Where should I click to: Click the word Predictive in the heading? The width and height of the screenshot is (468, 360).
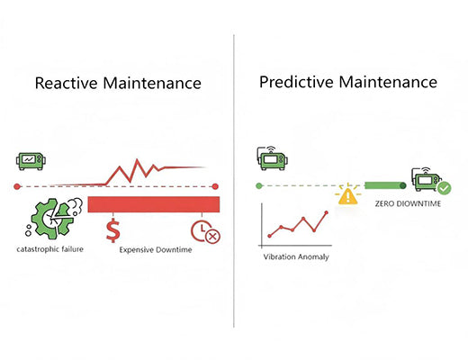pos(295,82)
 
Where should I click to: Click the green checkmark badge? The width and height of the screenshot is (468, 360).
pos(444,188)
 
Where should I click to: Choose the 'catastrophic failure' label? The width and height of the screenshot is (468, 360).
pos(52,247)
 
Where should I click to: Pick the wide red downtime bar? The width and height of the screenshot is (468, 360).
pos(153,204)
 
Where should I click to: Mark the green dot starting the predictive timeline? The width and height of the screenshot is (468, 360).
pos(259,186)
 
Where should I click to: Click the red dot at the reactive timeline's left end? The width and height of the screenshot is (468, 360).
pos(17,186)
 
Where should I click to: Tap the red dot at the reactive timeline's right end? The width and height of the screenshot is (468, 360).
pos(217,186)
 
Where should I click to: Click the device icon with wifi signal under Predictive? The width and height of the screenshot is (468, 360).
pos(272,160)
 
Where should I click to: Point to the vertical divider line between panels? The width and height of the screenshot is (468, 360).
pos(234,180)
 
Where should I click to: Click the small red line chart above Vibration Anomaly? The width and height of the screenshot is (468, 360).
pos(295,227)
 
